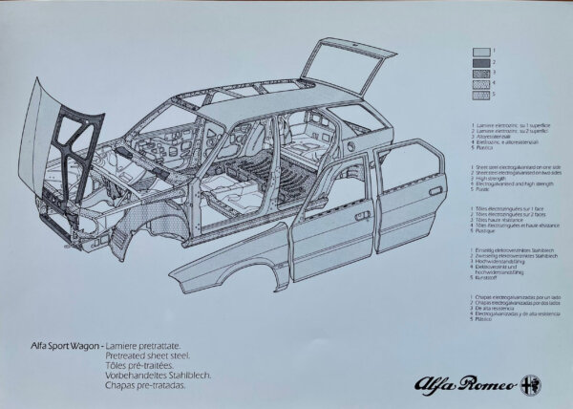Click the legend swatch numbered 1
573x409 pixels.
[x=481, y=53]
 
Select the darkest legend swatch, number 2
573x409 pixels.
[x=481, y=64]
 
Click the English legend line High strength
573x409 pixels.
[x=496, y=177]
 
